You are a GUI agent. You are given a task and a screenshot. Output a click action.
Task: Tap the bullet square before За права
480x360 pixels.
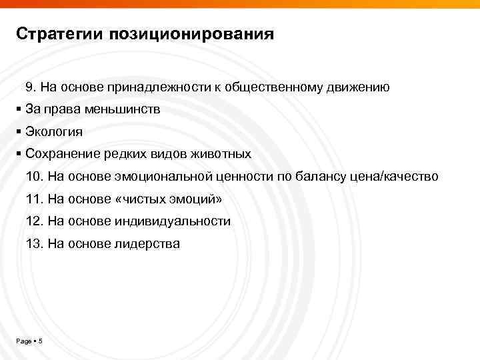19,109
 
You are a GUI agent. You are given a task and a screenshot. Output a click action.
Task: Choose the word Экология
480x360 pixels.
54,132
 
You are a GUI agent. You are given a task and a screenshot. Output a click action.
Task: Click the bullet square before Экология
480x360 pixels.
19,132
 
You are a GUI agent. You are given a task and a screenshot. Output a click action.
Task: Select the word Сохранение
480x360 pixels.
62,154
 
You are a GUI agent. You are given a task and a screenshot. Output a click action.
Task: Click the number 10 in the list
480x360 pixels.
33,177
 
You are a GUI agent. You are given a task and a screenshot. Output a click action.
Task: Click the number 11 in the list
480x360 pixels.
33,199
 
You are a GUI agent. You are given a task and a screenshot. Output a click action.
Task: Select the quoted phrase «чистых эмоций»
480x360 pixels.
171,199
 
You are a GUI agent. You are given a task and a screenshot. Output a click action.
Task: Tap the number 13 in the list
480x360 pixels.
33,244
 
